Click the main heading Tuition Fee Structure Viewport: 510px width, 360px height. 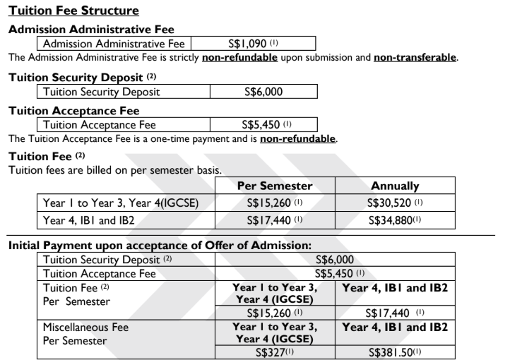(73, 11)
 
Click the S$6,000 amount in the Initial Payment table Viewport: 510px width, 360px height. (335, 260)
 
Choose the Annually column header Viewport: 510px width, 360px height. (395, 186)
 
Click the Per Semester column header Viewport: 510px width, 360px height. (275, 186)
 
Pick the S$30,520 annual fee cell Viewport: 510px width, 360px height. (395, 203)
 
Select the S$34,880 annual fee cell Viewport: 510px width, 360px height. (395, 220)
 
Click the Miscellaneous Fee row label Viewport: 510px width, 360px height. (86, 328)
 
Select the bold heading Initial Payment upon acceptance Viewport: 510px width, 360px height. (159, 246)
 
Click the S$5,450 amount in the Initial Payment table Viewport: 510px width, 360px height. (335, 273)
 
